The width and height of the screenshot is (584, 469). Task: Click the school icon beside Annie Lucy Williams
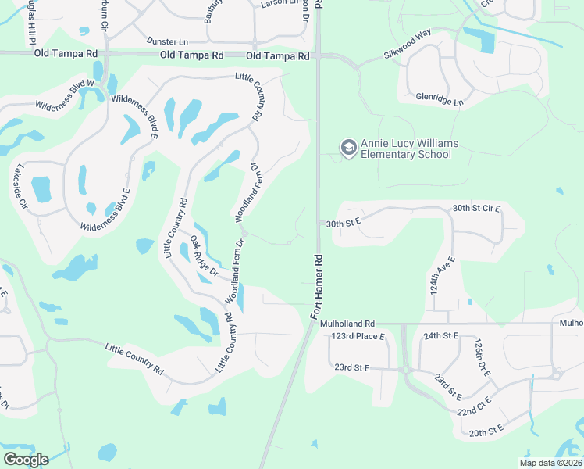347,147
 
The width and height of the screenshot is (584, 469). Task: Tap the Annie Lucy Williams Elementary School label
409,149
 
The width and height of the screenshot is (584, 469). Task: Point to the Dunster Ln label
168,41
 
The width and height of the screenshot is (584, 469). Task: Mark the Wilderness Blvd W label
64,93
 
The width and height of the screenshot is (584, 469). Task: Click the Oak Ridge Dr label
204,256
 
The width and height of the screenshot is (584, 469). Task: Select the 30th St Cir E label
476,209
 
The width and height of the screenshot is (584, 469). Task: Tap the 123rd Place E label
358,336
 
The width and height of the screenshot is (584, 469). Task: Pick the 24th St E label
440,335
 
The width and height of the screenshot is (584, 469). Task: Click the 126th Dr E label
481,356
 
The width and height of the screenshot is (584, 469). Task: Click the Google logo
26,459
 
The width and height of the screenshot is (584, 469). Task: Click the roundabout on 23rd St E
406,370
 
